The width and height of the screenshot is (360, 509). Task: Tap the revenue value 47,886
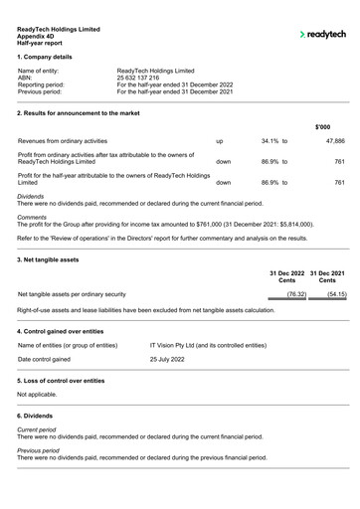(334, 142)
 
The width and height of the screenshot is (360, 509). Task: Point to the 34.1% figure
(273, 142)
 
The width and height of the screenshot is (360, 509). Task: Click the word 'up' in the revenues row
(220, 142)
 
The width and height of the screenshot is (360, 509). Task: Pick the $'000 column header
(323, 127)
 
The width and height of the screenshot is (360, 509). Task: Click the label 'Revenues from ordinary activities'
(63, 142)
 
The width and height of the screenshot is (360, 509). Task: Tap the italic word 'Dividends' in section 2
(32, 197)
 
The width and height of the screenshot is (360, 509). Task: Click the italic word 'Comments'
(32, 217)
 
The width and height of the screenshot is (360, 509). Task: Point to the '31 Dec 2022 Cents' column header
(286, 277)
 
